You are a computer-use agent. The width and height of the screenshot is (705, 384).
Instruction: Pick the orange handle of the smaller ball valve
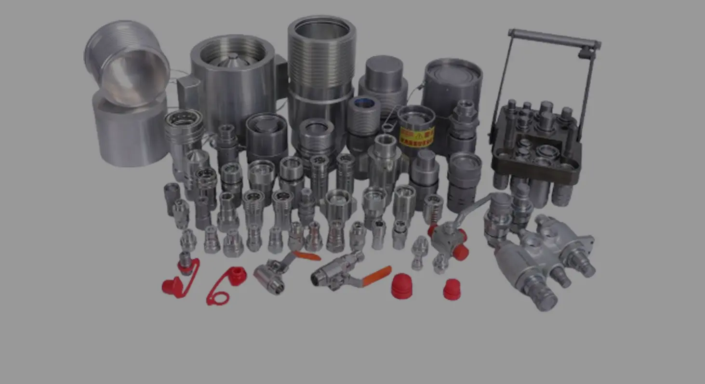point(307,255)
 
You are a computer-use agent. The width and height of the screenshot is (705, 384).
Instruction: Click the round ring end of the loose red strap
point(217,298)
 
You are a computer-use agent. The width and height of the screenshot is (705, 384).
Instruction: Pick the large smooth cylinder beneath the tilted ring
point(130,130)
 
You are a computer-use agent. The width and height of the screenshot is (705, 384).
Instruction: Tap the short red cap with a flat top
point(452,290)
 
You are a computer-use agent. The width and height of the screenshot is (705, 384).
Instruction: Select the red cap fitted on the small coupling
point(186,266)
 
